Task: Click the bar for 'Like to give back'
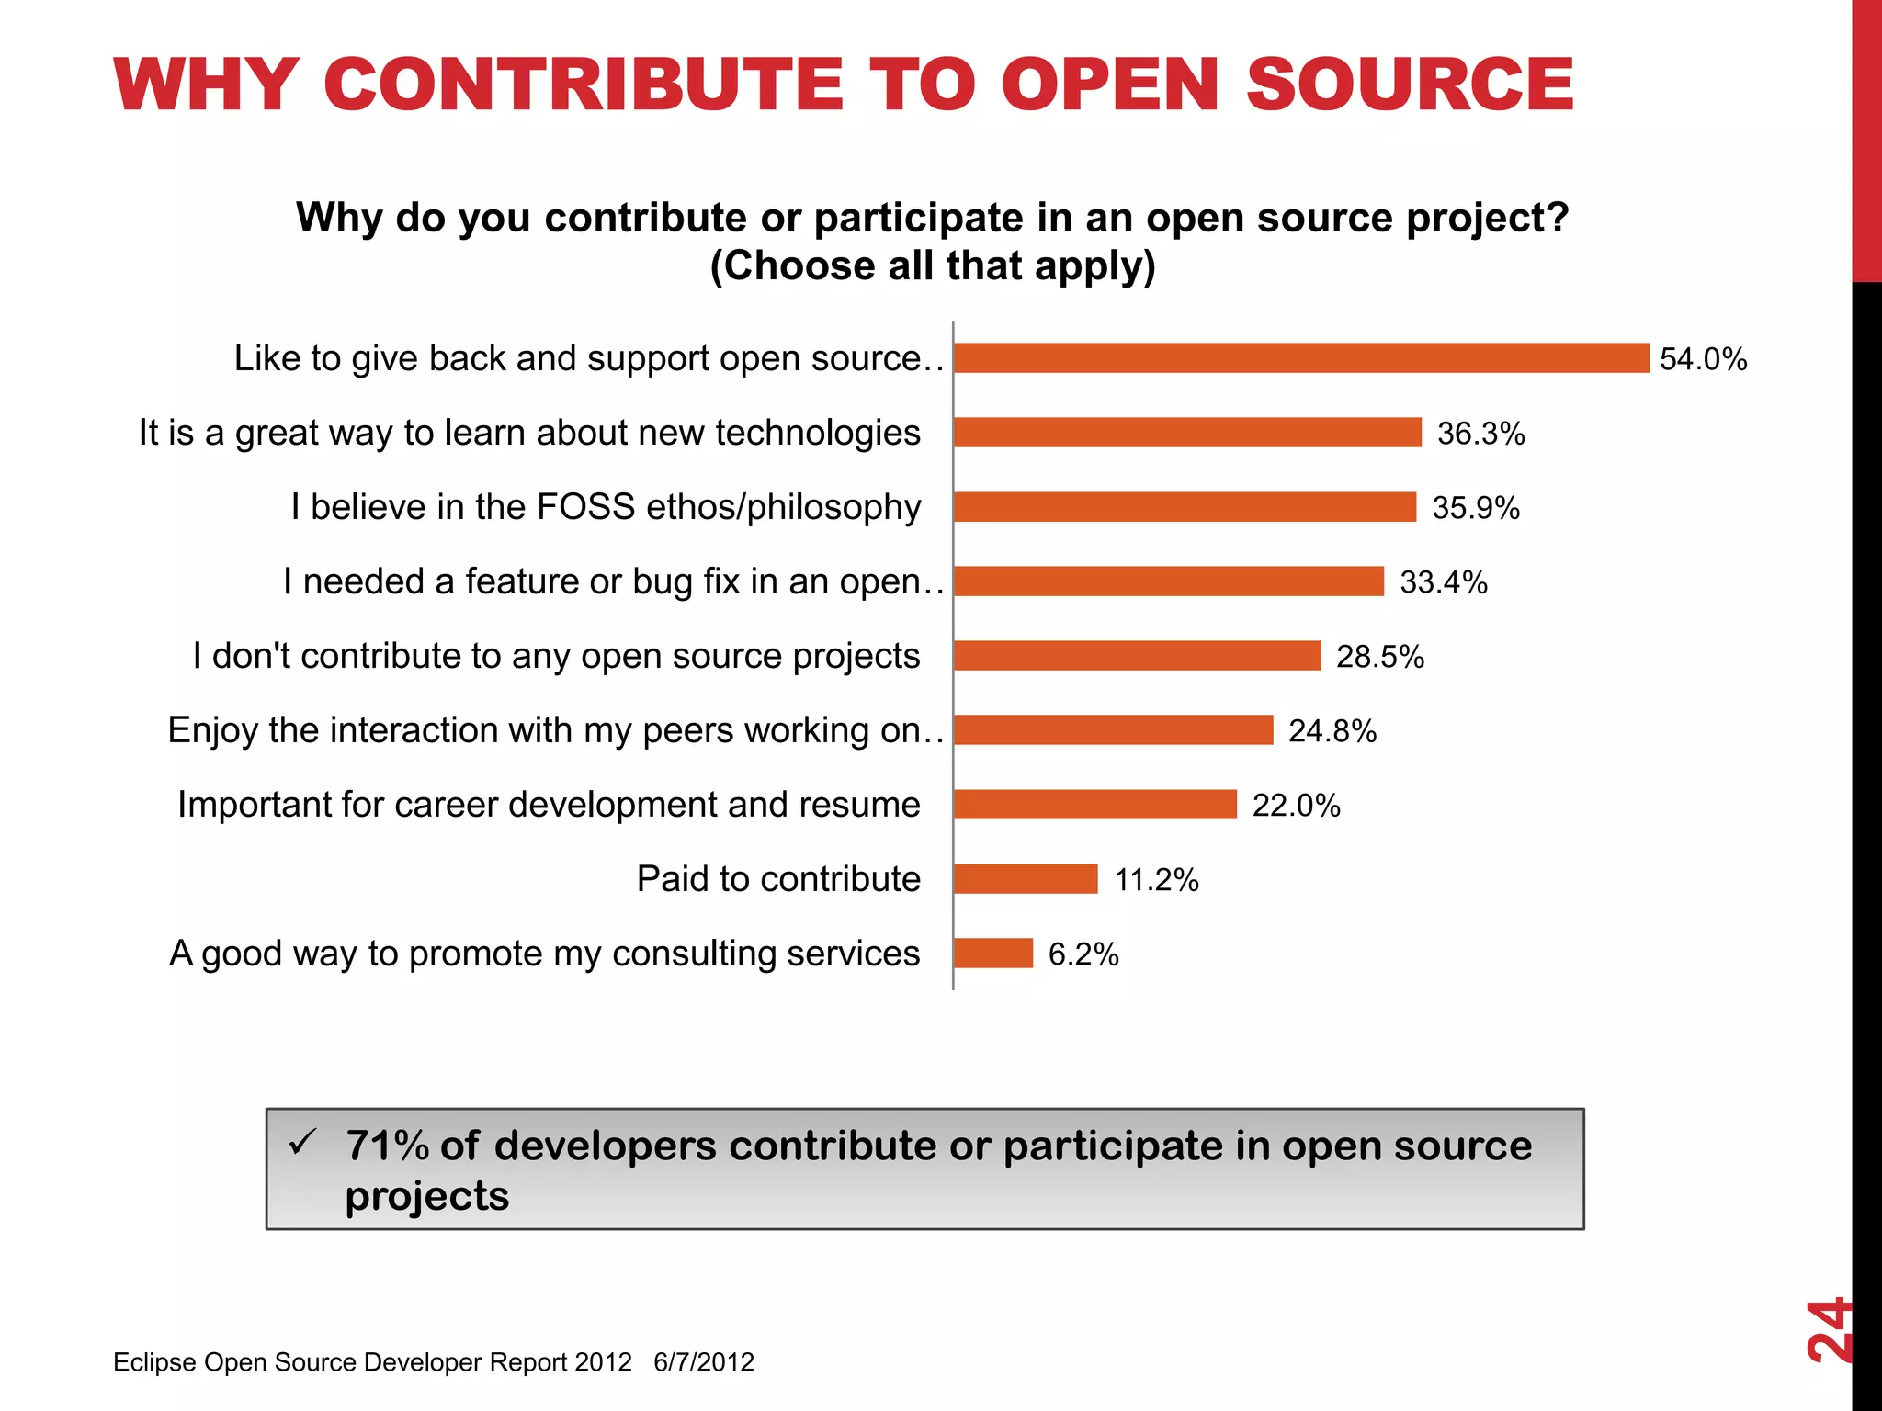1301,358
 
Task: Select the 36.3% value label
1480,434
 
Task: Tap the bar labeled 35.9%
1185,507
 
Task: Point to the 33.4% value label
1443,582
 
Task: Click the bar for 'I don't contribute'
1137,656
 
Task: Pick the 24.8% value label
1332,731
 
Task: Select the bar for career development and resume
1094,805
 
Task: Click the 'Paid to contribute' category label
778,879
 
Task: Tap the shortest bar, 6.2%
993,954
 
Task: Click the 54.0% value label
1703,359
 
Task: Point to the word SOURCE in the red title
1410,85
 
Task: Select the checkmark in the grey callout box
302,1143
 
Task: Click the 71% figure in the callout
387,1146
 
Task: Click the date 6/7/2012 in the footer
704,1362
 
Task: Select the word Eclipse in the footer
154,1362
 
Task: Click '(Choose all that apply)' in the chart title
932,266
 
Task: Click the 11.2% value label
1156,880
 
